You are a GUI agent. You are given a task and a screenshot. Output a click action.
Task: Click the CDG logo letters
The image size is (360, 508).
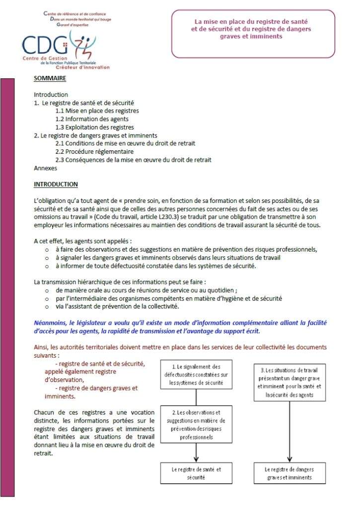45,46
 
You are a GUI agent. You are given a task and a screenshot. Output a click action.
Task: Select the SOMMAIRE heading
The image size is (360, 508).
50,78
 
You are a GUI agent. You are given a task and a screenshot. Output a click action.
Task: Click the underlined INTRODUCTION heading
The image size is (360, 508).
56,185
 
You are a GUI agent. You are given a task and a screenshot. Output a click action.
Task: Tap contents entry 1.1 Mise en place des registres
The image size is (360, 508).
97,111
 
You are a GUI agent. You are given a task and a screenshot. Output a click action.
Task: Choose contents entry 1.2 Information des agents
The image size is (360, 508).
92,119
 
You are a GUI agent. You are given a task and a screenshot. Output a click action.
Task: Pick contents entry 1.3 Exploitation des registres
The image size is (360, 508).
96,127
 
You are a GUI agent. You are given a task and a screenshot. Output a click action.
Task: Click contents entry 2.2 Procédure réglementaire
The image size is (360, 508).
94,151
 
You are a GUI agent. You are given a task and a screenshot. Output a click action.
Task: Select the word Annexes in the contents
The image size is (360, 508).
45,168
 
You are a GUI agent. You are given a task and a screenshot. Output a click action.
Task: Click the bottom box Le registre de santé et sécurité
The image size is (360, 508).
196,473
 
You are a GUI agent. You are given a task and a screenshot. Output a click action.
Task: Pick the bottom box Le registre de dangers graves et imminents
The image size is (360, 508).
289,473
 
